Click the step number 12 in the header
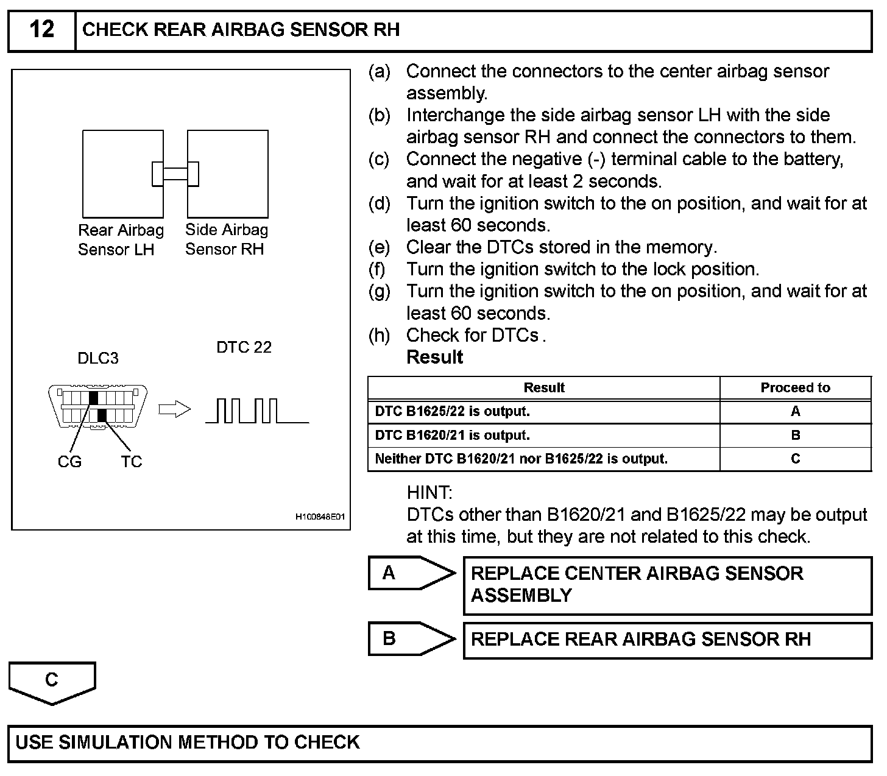[41, 30]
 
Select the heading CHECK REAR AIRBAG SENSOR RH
[241, 30]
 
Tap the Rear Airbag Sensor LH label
[121, 239]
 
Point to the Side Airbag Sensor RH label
[226, 239]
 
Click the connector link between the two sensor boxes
[175, 174]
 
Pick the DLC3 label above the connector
[98, 358]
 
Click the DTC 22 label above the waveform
[244, 347]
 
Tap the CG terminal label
[69, 462]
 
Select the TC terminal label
[131, 462]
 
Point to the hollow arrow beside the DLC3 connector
[174, 409]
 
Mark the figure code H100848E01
[320, 517]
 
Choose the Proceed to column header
[795, 388]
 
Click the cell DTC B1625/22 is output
[453, 412]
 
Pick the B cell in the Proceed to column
[795, 436]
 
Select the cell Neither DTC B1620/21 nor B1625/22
[521, 459]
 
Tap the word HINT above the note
[429, 492]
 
